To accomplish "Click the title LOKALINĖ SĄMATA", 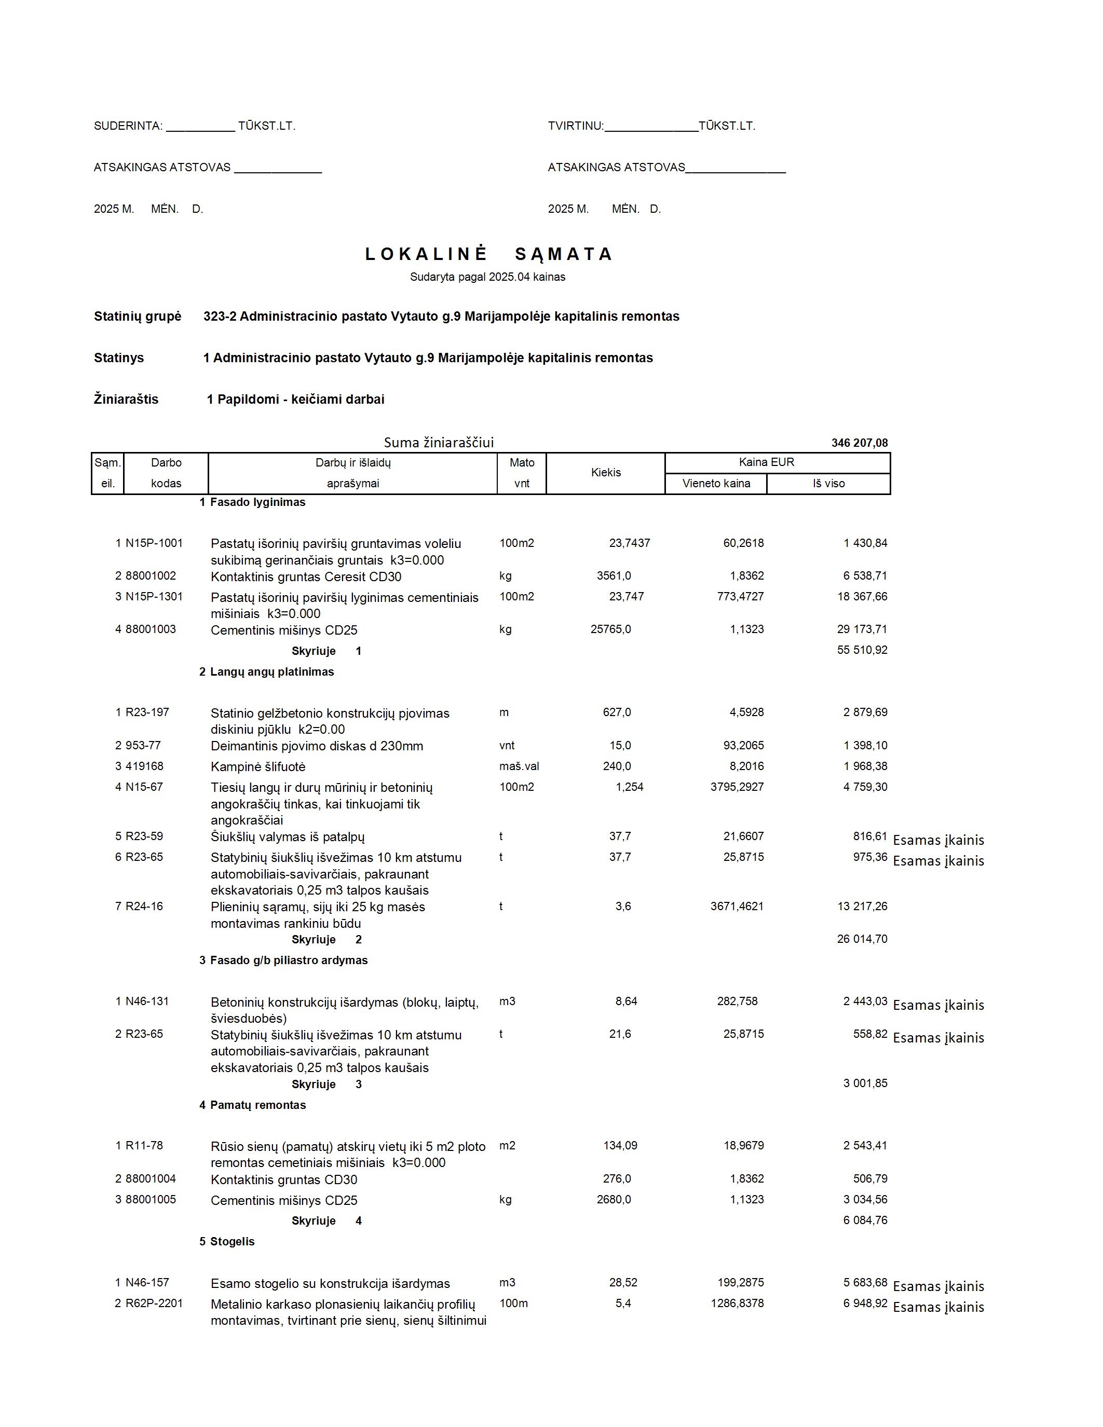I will [488, 254].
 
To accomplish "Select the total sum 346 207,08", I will [859, 443].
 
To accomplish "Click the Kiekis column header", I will [605, 472].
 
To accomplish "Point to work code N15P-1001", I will [154, 543].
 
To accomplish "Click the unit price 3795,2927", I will [737, 787].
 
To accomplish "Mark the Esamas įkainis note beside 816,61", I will [938, 840].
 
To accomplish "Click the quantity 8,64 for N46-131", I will [625, 1001].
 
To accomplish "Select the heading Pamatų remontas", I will [257, 1105].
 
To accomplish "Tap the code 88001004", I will [151, 1179].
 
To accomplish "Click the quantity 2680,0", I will [614, 1200].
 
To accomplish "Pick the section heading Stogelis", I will [232, 1241].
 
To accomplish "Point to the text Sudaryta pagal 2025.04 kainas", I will [487, 277].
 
